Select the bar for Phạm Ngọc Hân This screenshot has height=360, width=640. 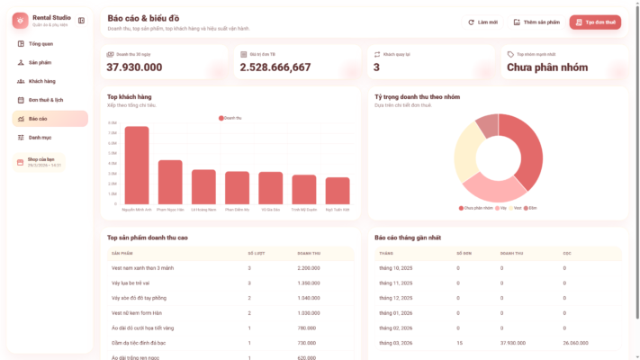170,182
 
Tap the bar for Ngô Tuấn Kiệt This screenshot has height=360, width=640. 338,190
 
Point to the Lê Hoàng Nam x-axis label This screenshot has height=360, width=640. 203,210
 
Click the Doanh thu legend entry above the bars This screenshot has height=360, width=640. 230,118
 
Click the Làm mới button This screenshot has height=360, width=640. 483,22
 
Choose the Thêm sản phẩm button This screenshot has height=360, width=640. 536,22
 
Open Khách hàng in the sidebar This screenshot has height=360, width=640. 41,81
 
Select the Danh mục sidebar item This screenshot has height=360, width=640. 40,138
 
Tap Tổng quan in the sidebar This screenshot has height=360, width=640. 41,43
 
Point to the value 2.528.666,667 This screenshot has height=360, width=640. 275,67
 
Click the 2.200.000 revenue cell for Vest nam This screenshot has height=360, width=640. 309,268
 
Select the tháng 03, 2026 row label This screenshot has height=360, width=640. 395,343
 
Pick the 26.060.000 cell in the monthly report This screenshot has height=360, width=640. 576,343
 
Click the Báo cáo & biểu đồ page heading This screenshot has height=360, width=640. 142,18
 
